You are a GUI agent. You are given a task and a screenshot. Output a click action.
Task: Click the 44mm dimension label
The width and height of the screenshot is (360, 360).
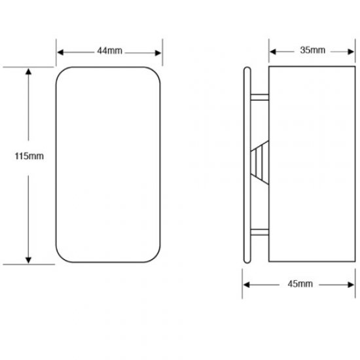pos(109,50)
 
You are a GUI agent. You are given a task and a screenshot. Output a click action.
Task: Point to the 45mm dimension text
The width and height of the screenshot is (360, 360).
pos(299,283)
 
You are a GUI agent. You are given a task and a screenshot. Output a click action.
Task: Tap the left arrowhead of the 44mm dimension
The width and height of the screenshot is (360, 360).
pos(60,50)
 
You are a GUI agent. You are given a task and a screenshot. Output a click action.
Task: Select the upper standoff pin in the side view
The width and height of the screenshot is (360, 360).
pos(260,97)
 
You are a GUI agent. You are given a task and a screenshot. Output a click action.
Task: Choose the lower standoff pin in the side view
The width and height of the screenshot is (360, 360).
pos(260,231)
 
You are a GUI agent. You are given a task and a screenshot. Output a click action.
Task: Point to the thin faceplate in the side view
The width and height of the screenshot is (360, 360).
pos(247,164)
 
